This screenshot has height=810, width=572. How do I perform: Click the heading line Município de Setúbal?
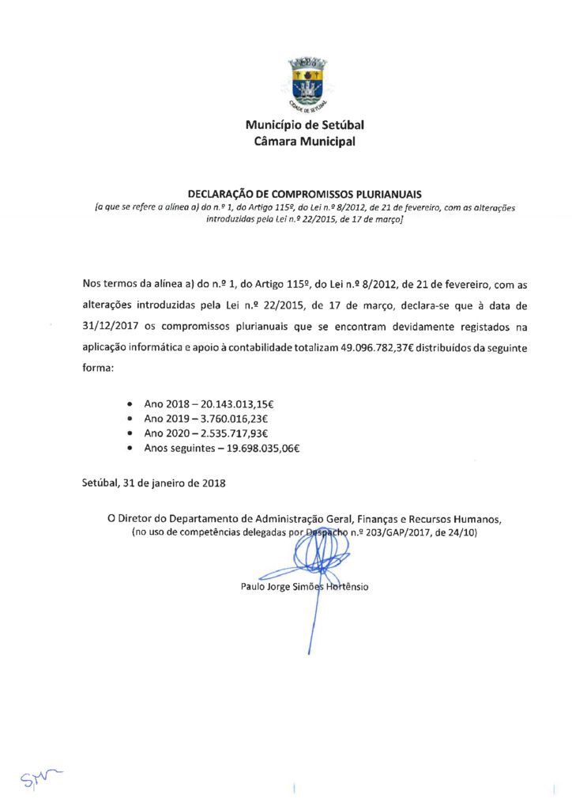(x=304, y=125)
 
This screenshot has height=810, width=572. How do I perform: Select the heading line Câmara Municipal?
(x=304, y=142)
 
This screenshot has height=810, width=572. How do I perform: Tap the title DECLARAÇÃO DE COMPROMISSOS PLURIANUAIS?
(x=304, y=193)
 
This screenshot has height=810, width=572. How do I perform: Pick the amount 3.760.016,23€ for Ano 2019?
(x=226, y=418)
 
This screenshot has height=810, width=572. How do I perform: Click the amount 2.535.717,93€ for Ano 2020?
(x=226, y=433)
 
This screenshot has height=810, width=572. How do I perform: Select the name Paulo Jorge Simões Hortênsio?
(x=304, y=587)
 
